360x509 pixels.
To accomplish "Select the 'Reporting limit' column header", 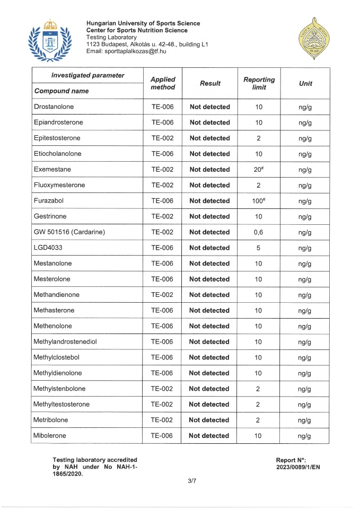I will (259, 83).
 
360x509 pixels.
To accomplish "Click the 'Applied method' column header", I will (162, 83).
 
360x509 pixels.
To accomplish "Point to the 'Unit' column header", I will (305, 83).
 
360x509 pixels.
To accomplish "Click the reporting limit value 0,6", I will (259, 232).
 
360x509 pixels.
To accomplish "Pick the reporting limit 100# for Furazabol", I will (259, 201).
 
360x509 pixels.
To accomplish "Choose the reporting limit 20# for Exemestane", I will (259, 170).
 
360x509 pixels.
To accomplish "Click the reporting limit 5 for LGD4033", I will (259, 248).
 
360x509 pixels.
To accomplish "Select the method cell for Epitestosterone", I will (162, 138).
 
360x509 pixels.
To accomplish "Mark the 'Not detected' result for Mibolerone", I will (209, 436).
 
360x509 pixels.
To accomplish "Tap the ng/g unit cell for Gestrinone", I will (305, 216).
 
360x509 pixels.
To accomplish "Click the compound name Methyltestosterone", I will (62, 405).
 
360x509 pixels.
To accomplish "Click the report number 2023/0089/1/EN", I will (298, 467).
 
